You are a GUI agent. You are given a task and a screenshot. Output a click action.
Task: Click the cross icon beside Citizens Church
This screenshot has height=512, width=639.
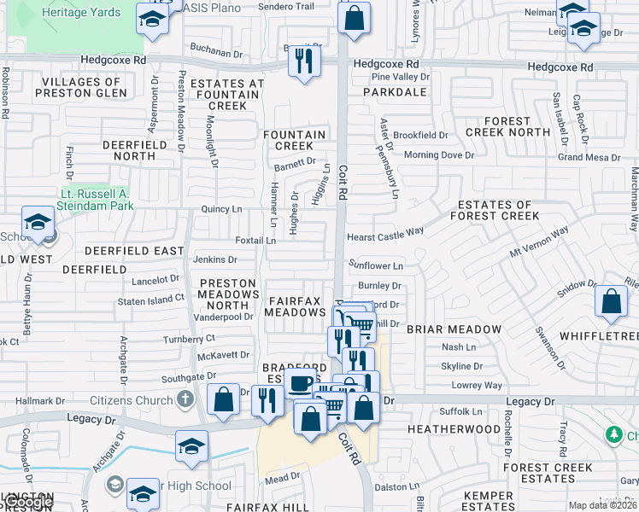coord(185,399)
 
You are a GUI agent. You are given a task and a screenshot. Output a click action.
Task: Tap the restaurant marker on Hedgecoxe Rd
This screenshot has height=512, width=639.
coord(303,61)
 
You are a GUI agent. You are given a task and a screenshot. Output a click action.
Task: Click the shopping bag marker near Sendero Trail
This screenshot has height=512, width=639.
coord(354,17)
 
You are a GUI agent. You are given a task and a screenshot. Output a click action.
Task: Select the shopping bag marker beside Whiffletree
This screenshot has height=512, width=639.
coord(611,301)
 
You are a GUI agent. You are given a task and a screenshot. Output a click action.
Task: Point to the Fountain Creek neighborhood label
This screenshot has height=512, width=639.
coord(294,141)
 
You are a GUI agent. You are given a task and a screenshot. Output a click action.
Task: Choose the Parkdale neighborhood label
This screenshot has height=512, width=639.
coord(394,90)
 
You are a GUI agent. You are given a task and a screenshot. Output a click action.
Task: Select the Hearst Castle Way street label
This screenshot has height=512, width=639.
coord(384,231)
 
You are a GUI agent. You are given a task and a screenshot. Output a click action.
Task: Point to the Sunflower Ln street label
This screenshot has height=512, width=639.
coord(375,266)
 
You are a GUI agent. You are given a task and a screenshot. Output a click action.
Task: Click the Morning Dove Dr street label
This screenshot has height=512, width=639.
coord(438,155)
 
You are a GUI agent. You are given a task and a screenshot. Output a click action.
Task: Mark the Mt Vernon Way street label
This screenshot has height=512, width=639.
coord(539,242)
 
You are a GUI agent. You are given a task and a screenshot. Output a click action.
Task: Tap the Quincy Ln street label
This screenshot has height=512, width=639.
coord(221,209)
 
